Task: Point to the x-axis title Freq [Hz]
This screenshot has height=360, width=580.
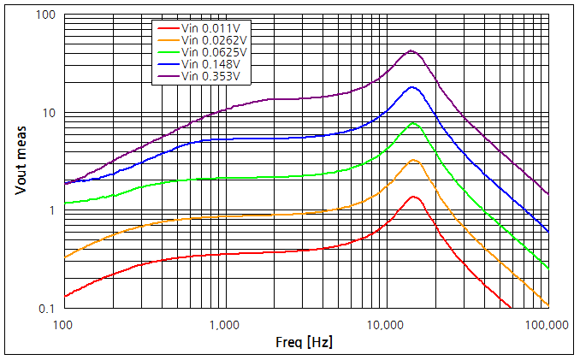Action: click(304, 342)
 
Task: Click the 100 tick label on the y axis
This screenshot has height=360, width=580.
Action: click(45, 15)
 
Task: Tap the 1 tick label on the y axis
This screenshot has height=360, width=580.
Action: click(51, 210)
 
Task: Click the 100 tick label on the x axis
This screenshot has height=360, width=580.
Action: click(63, 325)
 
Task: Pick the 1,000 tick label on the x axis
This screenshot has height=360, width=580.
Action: click(224, 325)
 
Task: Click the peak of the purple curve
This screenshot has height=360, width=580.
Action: click(411, 50)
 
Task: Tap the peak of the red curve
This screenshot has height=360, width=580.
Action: click(414, 197)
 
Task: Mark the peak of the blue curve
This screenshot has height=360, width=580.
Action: click(413, 87)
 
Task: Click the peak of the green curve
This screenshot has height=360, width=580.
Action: click(414, 123)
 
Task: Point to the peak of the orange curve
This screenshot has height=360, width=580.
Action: click(414, 160)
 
